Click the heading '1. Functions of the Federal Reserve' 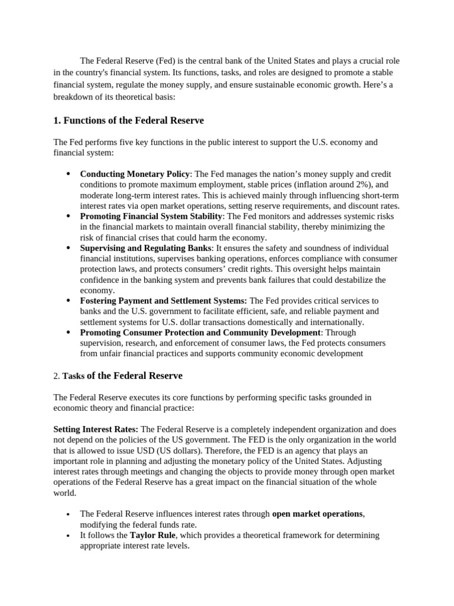click(128, 121)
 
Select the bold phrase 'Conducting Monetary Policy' click(135, 174)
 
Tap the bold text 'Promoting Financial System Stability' click(151, 217)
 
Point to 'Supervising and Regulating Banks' click(145, 249)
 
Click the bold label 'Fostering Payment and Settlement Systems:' click(163, 301)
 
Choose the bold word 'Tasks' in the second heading click(74, 376)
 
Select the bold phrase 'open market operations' click(317, 514)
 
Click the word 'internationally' click(336, 323)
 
